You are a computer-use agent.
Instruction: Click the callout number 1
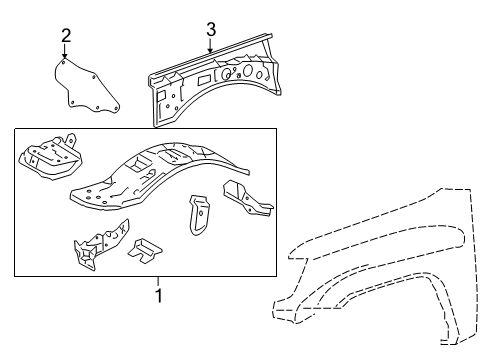pos(158,295)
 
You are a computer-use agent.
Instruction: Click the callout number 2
pos(65,36)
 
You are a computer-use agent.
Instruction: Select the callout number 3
pos(210,27)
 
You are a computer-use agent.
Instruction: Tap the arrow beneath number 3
pos(210,45)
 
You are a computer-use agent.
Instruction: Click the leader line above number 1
pos(158,281)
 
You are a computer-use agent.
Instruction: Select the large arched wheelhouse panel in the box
pos(160,172)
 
